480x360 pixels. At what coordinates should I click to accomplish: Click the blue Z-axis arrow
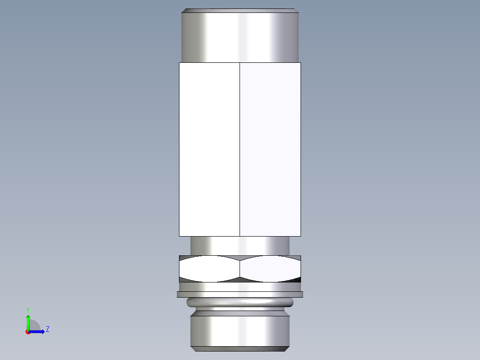[38, 331]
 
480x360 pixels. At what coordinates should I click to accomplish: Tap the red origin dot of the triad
[28, 332]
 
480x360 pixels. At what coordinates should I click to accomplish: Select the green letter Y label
[28, 309]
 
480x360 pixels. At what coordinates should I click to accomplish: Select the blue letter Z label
[47, 329]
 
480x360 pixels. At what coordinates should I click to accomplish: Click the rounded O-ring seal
[240, 303]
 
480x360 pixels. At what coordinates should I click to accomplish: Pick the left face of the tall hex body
[209, 149]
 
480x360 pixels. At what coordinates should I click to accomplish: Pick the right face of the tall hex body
[270, 149]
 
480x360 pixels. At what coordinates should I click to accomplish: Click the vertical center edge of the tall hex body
[240, 149]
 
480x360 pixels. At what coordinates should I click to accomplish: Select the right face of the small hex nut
[270, 269]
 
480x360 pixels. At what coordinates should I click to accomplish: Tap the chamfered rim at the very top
[240, 10]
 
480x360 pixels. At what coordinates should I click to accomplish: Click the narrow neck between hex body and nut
[240, 245]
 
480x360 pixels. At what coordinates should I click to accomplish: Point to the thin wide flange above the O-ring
[240, 294]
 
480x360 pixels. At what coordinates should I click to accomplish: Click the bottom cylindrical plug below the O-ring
[240, 330]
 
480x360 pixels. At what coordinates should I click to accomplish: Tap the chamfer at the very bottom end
[240, 349]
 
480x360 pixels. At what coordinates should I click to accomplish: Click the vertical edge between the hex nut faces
[240, 269]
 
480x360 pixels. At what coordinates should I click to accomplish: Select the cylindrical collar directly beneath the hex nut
[240, 287]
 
